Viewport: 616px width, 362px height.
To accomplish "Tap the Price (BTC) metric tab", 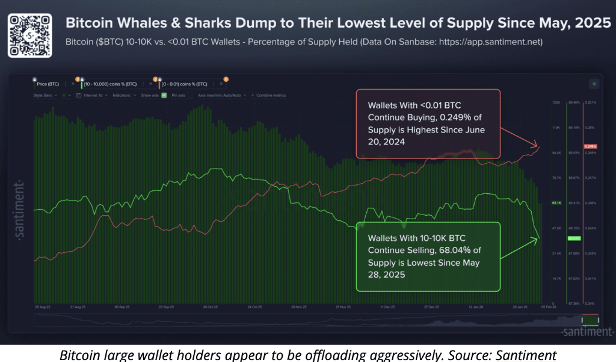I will pyautogui.click(x=49, y=84).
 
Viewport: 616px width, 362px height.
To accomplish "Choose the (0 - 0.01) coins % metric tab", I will pyautogui.click(x=188, y=84).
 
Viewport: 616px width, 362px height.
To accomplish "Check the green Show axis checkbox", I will pyautogui.click(x=164, y=96).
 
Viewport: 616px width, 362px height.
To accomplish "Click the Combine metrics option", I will pyautogui.click(x=271, y=96).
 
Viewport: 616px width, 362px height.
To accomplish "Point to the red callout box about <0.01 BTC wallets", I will pyautogui.click(x=428, y=124).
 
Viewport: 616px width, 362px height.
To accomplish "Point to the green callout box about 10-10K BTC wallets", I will pyautogui.click(x=428, y=256).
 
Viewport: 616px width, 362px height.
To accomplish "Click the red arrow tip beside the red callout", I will pyautogui.click(x=538, y=145).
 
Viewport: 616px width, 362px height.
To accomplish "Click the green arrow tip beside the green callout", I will pyautogui.click(x=538, y=239).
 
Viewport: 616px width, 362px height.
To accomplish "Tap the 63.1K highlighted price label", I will pyautogui.click(x=556, y=204).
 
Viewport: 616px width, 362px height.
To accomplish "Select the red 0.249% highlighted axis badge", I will pyautogui.click(x=590, y=147).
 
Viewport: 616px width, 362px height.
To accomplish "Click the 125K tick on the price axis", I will pyautogui.click(x=556, y=103).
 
